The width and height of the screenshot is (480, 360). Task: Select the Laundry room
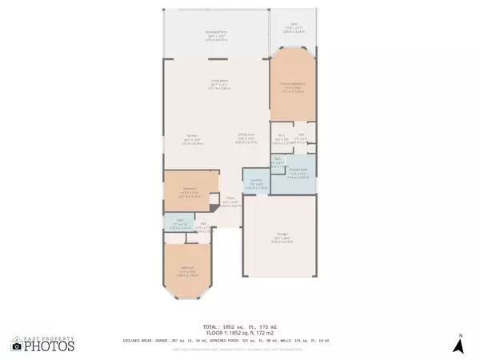255,182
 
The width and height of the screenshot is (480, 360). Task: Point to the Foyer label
229,202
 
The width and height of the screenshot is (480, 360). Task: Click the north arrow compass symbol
459,345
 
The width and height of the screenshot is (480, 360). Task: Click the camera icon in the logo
18,346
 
